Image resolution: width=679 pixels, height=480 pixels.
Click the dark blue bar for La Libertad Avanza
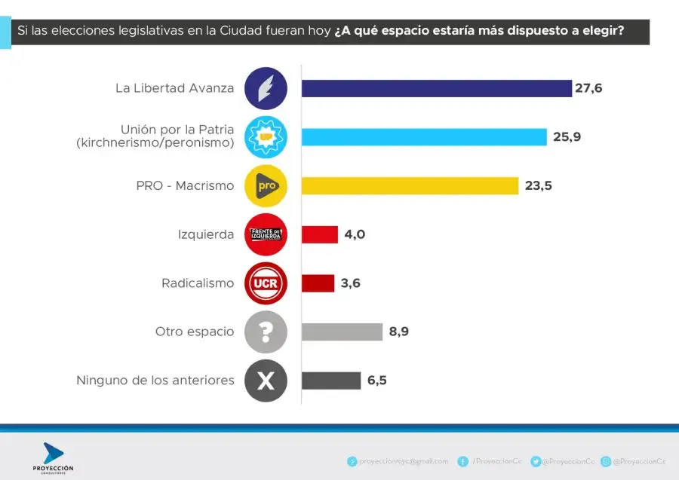(436, 88)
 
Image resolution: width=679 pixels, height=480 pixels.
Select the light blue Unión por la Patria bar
(424, 137)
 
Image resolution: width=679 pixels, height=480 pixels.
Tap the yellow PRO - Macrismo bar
(410, 185)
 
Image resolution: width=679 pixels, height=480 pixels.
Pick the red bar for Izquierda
(319, 234)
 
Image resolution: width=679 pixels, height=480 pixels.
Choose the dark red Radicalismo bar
(318, 283)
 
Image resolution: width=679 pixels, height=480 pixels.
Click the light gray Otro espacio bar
(342, 332)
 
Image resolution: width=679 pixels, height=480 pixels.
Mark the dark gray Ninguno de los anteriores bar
(331, 381)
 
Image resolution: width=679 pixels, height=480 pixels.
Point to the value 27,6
(588, 88)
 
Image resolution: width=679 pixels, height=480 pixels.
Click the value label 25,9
(566, 137)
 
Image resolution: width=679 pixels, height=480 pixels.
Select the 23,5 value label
(538, 185)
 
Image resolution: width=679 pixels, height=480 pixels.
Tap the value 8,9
(400, 332)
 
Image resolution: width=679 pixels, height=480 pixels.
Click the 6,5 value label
(377, 381)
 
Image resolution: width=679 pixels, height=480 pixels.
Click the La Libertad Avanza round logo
(266, 88)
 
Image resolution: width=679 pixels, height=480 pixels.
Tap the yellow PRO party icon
(266, 185)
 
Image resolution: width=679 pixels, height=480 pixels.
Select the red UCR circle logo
(266, 283)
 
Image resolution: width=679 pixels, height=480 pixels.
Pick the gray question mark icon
(266, 332)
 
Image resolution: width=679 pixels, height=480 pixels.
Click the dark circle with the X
(266, 381)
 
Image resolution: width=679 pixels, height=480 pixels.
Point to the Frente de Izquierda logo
(266, 234)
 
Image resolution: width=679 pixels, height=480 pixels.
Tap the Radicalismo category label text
(198, 283)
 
